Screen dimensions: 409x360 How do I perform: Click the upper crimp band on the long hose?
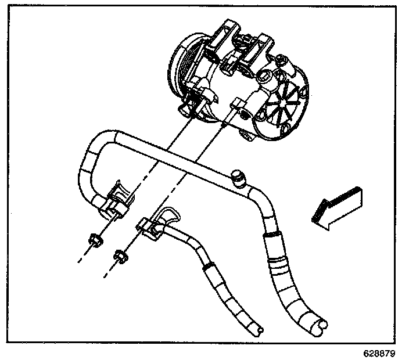click(x=271, y=237)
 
